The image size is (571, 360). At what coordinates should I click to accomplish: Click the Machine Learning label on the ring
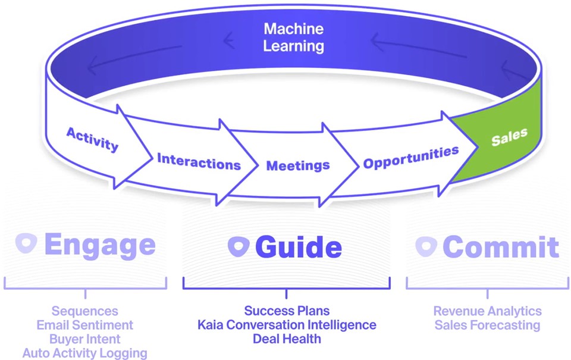[293, 37]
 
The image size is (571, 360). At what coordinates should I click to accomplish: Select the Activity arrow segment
[92, 139]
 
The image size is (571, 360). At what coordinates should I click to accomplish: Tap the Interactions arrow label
[199, 161]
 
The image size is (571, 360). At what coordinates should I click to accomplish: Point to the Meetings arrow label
[298, 165]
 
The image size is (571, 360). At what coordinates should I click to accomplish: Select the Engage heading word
[99, 245]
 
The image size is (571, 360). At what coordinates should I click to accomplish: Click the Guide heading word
[299, 247]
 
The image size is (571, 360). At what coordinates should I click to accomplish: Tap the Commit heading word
[501, 247]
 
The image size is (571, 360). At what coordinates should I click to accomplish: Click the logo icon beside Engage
[27, 243]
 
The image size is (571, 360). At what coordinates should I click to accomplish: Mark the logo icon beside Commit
[426, 246]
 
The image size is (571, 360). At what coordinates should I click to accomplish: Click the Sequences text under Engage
[84, 311]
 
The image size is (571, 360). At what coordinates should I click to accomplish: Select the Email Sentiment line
[84, 325]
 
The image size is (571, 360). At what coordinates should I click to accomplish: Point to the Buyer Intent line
[84, 339]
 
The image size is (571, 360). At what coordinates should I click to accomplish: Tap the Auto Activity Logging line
[84, 353]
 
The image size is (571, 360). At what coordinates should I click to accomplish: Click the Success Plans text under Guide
[287, 311]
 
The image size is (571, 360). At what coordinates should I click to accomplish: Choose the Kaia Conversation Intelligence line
[287, 325]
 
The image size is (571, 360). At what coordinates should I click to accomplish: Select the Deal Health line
[287, 339]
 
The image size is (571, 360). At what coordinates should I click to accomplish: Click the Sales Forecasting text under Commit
[487, 325]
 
